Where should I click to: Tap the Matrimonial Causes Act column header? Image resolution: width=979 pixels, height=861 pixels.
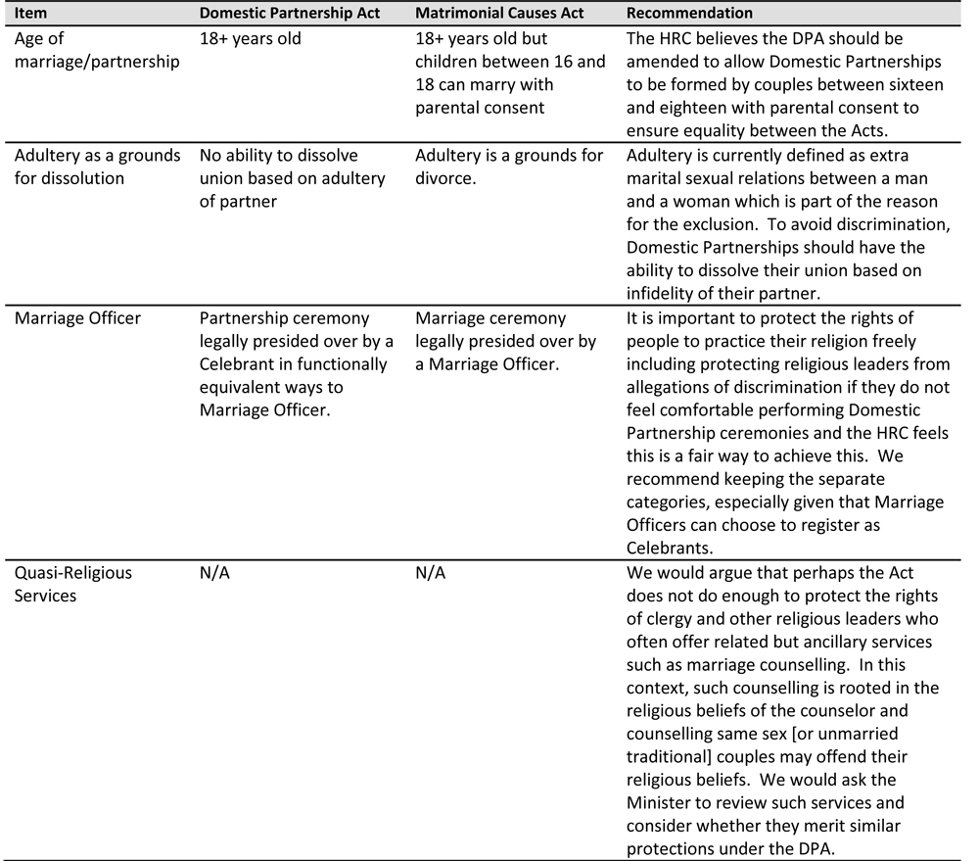tap(500, 14)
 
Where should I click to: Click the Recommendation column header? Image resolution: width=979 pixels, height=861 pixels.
tap(690, 14)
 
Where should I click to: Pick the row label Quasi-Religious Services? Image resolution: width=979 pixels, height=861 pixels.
tap(72, 584)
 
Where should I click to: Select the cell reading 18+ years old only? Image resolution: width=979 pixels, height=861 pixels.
tap(251, 39)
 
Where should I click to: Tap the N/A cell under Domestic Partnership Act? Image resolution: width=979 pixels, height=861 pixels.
tap(215, 573)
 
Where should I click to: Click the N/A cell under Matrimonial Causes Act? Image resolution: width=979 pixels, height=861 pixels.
tap(431, 573)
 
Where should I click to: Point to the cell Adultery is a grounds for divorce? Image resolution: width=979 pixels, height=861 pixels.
tap(509, 167)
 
